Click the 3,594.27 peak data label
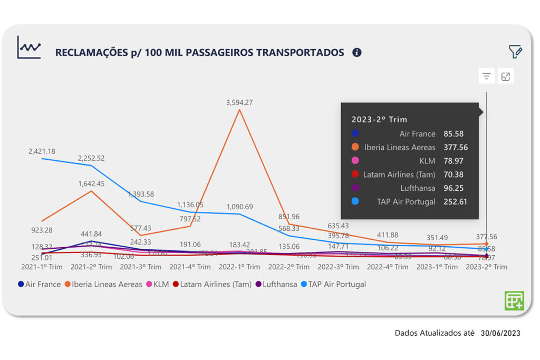pos(240,103)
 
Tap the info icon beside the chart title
pos(357,52)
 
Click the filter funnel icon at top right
pos(515,52)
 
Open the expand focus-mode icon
pos(506,76)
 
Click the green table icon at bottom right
pos(514,300)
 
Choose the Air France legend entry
pos(39,284)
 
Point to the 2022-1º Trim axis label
pos(240,267)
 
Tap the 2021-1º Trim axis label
pos(42,267)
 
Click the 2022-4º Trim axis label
pos(388,267)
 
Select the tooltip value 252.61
pos(455,201)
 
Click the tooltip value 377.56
pos(455,148)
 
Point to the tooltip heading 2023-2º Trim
pos(380,120)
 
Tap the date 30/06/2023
pos(500,333)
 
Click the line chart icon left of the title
pos(29,47)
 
